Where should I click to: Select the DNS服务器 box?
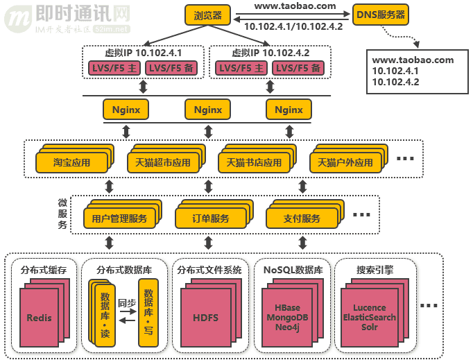380,14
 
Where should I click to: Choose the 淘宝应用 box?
72,163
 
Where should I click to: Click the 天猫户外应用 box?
345,163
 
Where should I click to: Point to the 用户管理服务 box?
119,218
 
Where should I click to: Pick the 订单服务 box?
211,218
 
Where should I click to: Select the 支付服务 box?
302,218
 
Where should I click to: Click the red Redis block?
40,318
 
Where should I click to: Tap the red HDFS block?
205,318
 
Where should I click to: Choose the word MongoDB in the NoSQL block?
286,317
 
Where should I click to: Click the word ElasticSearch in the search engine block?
374,317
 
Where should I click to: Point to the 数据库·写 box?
148,311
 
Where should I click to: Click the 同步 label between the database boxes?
126,303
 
